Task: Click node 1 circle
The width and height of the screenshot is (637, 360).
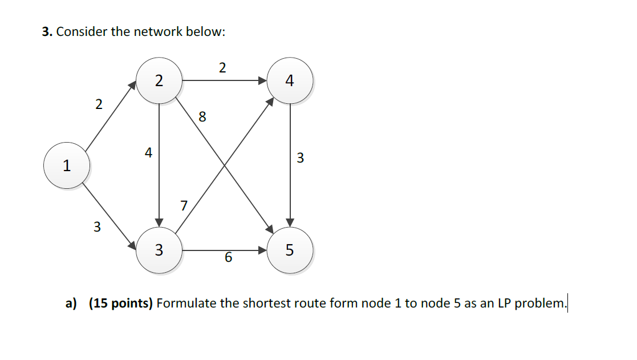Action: click(67, 167)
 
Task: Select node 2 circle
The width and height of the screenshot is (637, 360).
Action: click(159, 80)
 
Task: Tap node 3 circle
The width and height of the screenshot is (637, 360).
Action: click(159, 250)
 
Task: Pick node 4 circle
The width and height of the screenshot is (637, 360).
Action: click(290, 81)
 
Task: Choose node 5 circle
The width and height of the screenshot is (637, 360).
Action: click(290, 250)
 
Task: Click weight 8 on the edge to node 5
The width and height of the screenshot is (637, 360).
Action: click(202, 118)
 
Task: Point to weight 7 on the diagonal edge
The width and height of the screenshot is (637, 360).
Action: click(183, 205)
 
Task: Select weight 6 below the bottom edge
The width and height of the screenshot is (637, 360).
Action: click(228, 258)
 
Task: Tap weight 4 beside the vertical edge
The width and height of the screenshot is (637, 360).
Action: click(148, 153)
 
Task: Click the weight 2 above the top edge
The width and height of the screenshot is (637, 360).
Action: click(222, 68)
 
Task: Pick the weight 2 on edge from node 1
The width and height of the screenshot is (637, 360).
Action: click(99, 104)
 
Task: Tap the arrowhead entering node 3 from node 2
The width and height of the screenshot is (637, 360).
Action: click(159, 221)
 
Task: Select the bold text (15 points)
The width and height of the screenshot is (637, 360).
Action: click(120, 303)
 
